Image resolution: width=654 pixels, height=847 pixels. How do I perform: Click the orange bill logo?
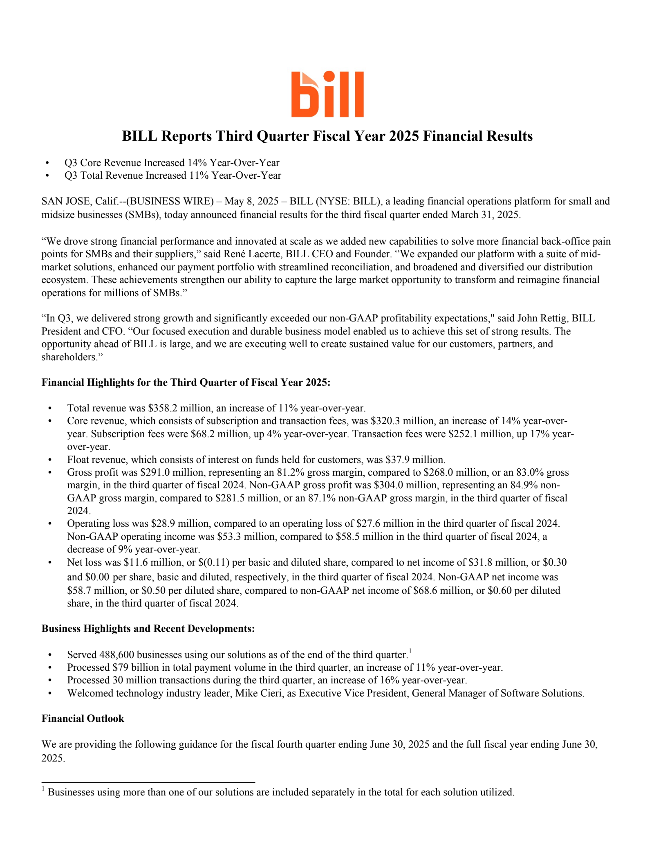[327, 94]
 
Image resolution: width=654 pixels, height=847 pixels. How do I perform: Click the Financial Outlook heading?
[83, 719]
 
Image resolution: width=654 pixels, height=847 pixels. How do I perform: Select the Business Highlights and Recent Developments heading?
[148, 629]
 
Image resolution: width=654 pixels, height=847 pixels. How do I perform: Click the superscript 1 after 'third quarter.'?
[410, 651]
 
